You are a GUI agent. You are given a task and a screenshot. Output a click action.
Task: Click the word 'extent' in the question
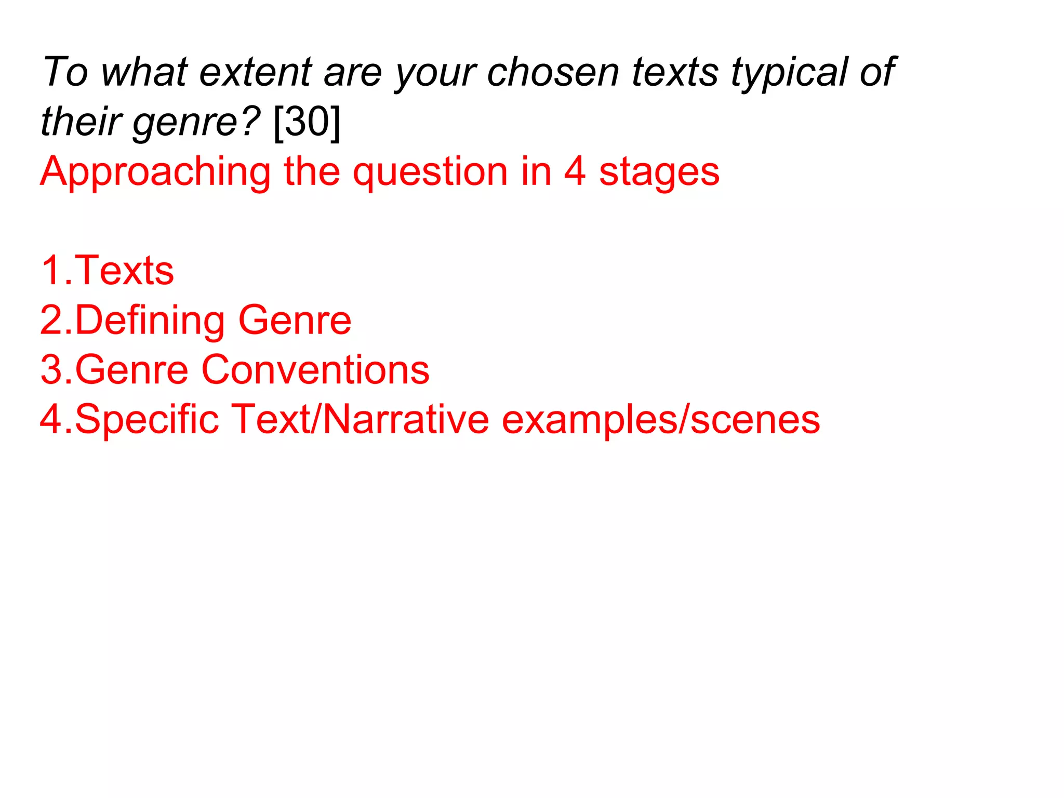point(256,72)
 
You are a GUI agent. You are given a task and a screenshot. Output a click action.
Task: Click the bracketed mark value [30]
point(307,122)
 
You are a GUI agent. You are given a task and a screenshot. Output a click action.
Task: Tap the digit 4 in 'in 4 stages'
point(575,171)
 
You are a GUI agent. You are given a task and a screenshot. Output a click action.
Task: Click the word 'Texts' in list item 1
point(124,271)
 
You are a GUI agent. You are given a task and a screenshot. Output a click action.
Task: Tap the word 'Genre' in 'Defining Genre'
point(295,321)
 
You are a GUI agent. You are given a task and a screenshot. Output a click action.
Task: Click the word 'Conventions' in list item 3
point(315,370)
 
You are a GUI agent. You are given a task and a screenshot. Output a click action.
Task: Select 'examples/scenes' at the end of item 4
point(660,420)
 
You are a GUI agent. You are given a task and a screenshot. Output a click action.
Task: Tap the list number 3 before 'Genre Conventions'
point(51,370)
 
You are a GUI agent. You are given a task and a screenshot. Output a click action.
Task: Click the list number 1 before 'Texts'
point(51,271)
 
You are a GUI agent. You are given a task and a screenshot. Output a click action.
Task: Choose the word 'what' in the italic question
point(144,72)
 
